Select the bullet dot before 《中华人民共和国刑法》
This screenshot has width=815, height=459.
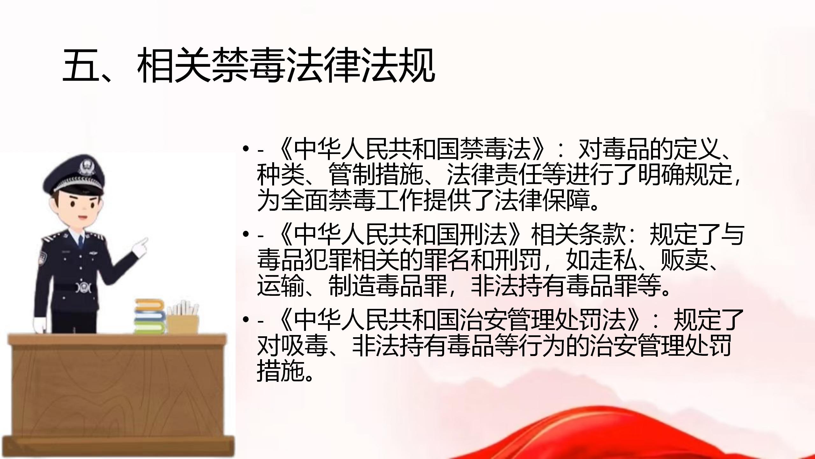click(x=245, y=234)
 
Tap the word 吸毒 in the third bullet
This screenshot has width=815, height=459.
click(x=304, y=345)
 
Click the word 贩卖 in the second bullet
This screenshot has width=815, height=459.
click(x=684, y=260)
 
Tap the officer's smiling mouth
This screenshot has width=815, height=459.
click(x=82, y=218)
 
